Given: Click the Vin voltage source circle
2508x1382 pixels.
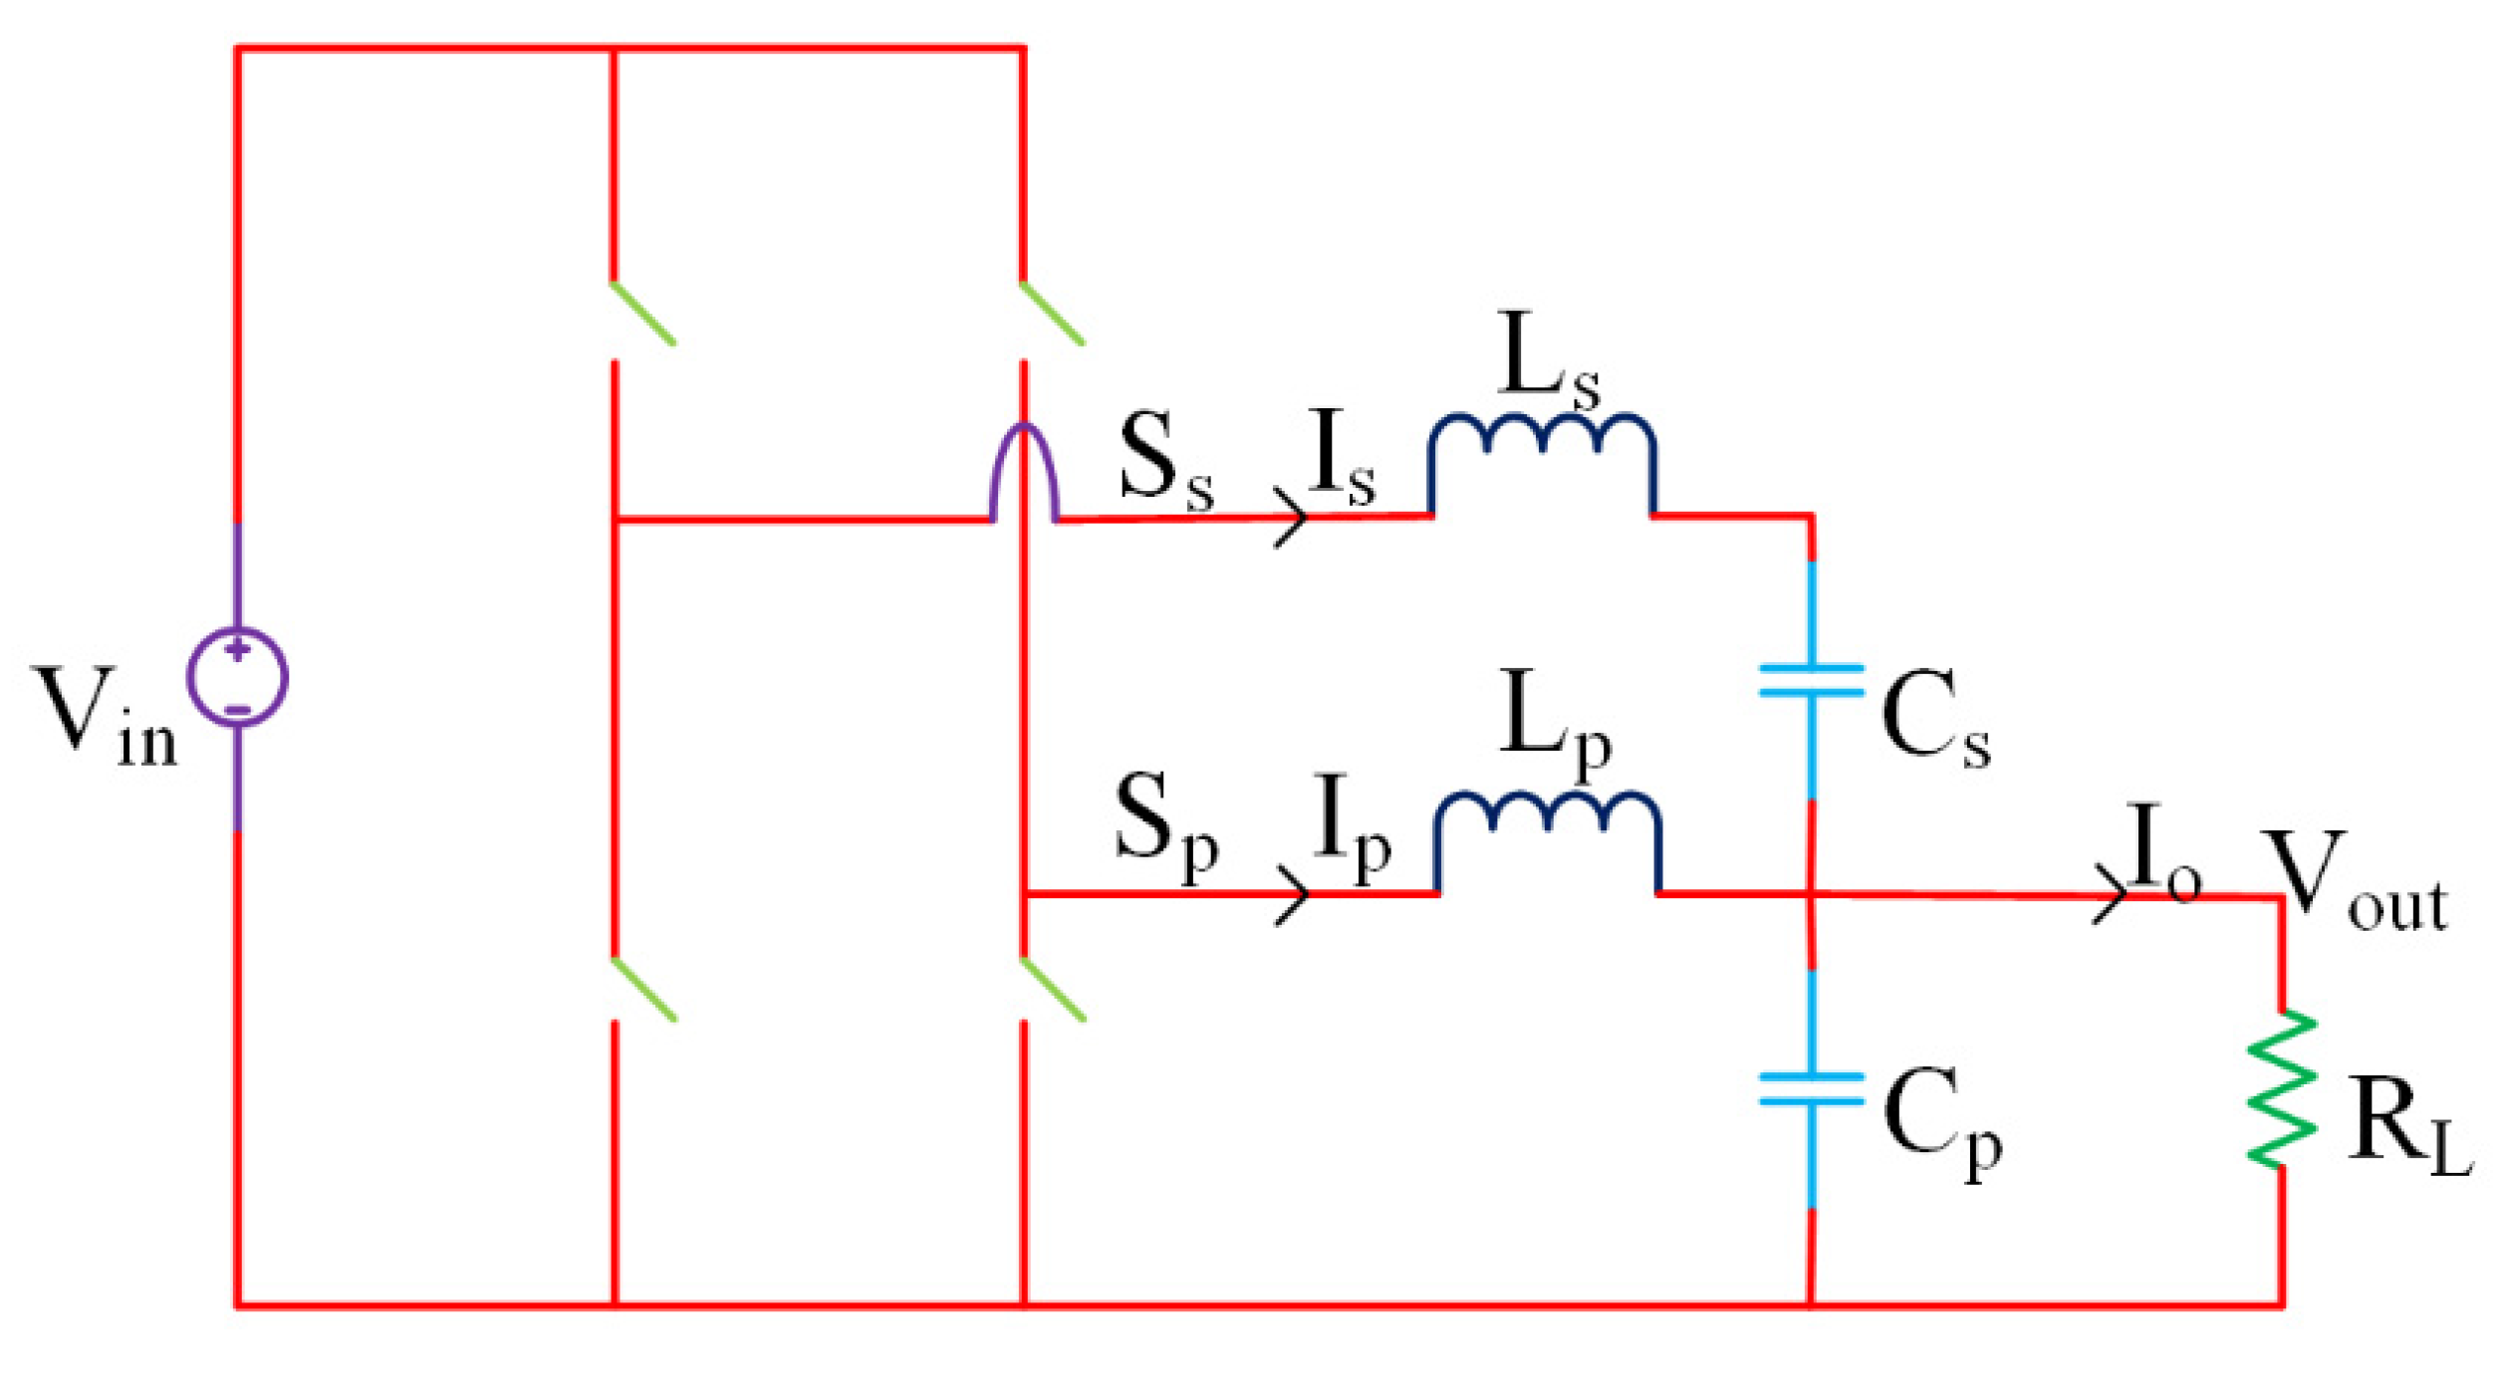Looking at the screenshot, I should click(x=237, y=677).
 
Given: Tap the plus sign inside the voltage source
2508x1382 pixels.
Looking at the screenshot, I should click(x=237, y=650).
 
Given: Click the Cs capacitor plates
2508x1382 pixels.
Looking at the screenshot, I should click(x=1811, y=680).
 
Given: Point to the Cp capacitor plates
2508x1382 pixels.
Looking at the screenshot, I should click(x=1811, y=1089).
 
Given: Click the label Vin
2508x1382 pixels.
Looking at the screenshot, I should click(x=105, y=717).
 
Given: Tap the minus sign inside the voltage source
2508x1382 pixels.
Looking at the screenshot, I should click(x=237, y=709).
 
